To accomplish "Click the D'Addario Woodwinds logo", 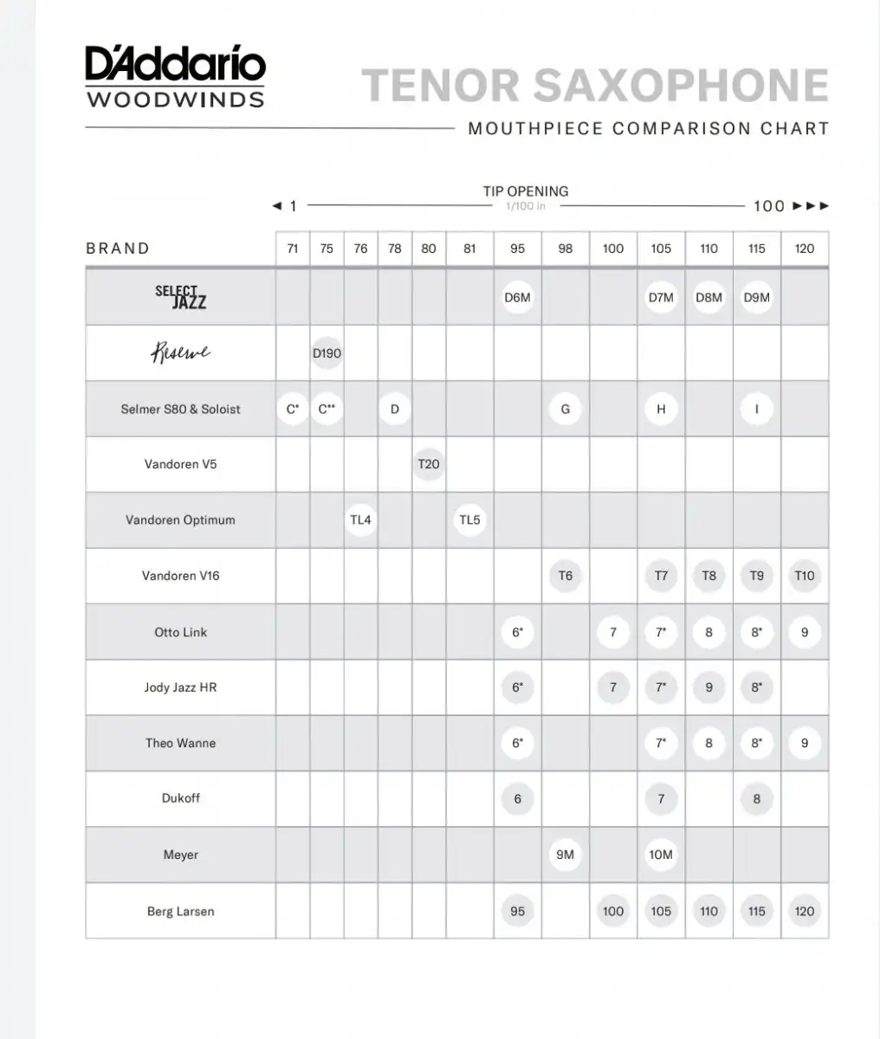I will (x=175, y=77).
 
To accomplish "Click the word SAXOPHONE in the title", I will (x=680, y=85).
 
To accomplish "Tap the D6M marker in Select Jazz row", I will (x=517, y=298).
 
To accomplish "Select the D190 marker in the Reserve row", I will (x=327, y=353).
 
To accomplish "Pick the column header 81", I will (x=469, y=248).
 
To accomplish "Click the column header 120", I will (x=805, y=248).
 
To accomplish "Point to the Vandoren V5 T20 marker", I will (x=429, y=464).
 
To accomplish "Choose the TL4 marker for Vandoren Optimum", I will (x=360, y=520).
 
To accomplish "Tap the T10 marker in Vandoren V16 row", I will (x=805, y=576).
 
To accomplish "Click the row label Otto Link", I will (x=180, y=632).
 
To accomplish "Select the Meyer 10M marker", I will (x=661, y=855).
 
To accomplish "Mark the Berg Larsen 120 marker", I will (x=805, y=911).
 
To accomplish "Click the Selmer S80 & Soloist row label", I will (x=180, y=409).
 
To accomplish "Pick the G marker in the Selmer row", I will (x=566, y=409).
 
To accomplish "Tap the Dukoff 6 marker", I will (x=517, y=798).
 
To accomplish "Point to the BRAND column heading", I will (x=118, y=248).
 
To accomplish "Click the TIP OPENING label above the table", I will (x=526, y=191).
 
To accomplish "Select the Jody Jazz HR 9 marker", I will (x=709, y=687).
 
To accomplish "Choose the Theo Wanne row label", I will (x=180, y=743).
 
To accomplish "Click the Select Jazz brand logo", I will (x=180, y=297).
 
